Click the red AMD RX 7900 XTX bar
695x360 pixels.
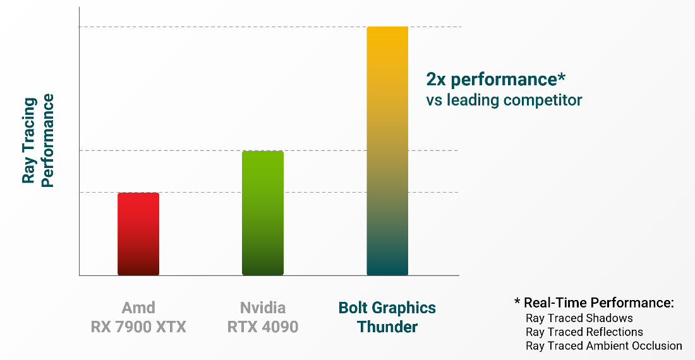(x=138, y=234)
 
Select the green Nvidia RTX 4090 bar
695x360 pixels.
(x=263, y=213)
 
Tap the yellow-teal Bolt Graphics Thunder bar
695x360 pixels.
(x=387, y=152)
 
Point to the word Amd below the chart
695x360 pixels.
(x=138, y=308)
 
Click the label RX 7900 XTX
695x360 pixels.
(x=138, y=327)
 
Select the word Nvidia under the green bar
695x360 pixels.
(x=263, y=308)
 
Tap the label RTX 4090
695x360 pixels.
(x=263, y=327)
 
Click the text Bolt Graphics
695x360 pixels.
(x=387, y=308)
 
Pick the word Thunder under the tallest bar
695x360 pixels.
(x=387, y=327)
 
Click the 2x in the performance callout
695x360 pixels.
(x=436, y=80)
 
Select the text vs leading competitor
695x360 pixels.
(x=504, y=100)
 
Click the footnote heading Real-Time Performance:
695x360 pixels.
(x=599, y=303)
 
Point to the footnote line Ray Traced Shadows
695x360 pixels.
(x=579, y=318)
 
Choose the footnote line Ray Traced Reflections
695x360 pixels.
(x=584, y=332)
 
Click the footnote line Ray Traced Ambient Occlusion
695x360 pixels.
(x=603, y=346)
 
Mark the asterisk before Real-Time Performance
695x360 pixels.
(x=517, y=302)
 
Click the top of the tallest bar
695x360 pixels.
(x=387, y=29)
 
